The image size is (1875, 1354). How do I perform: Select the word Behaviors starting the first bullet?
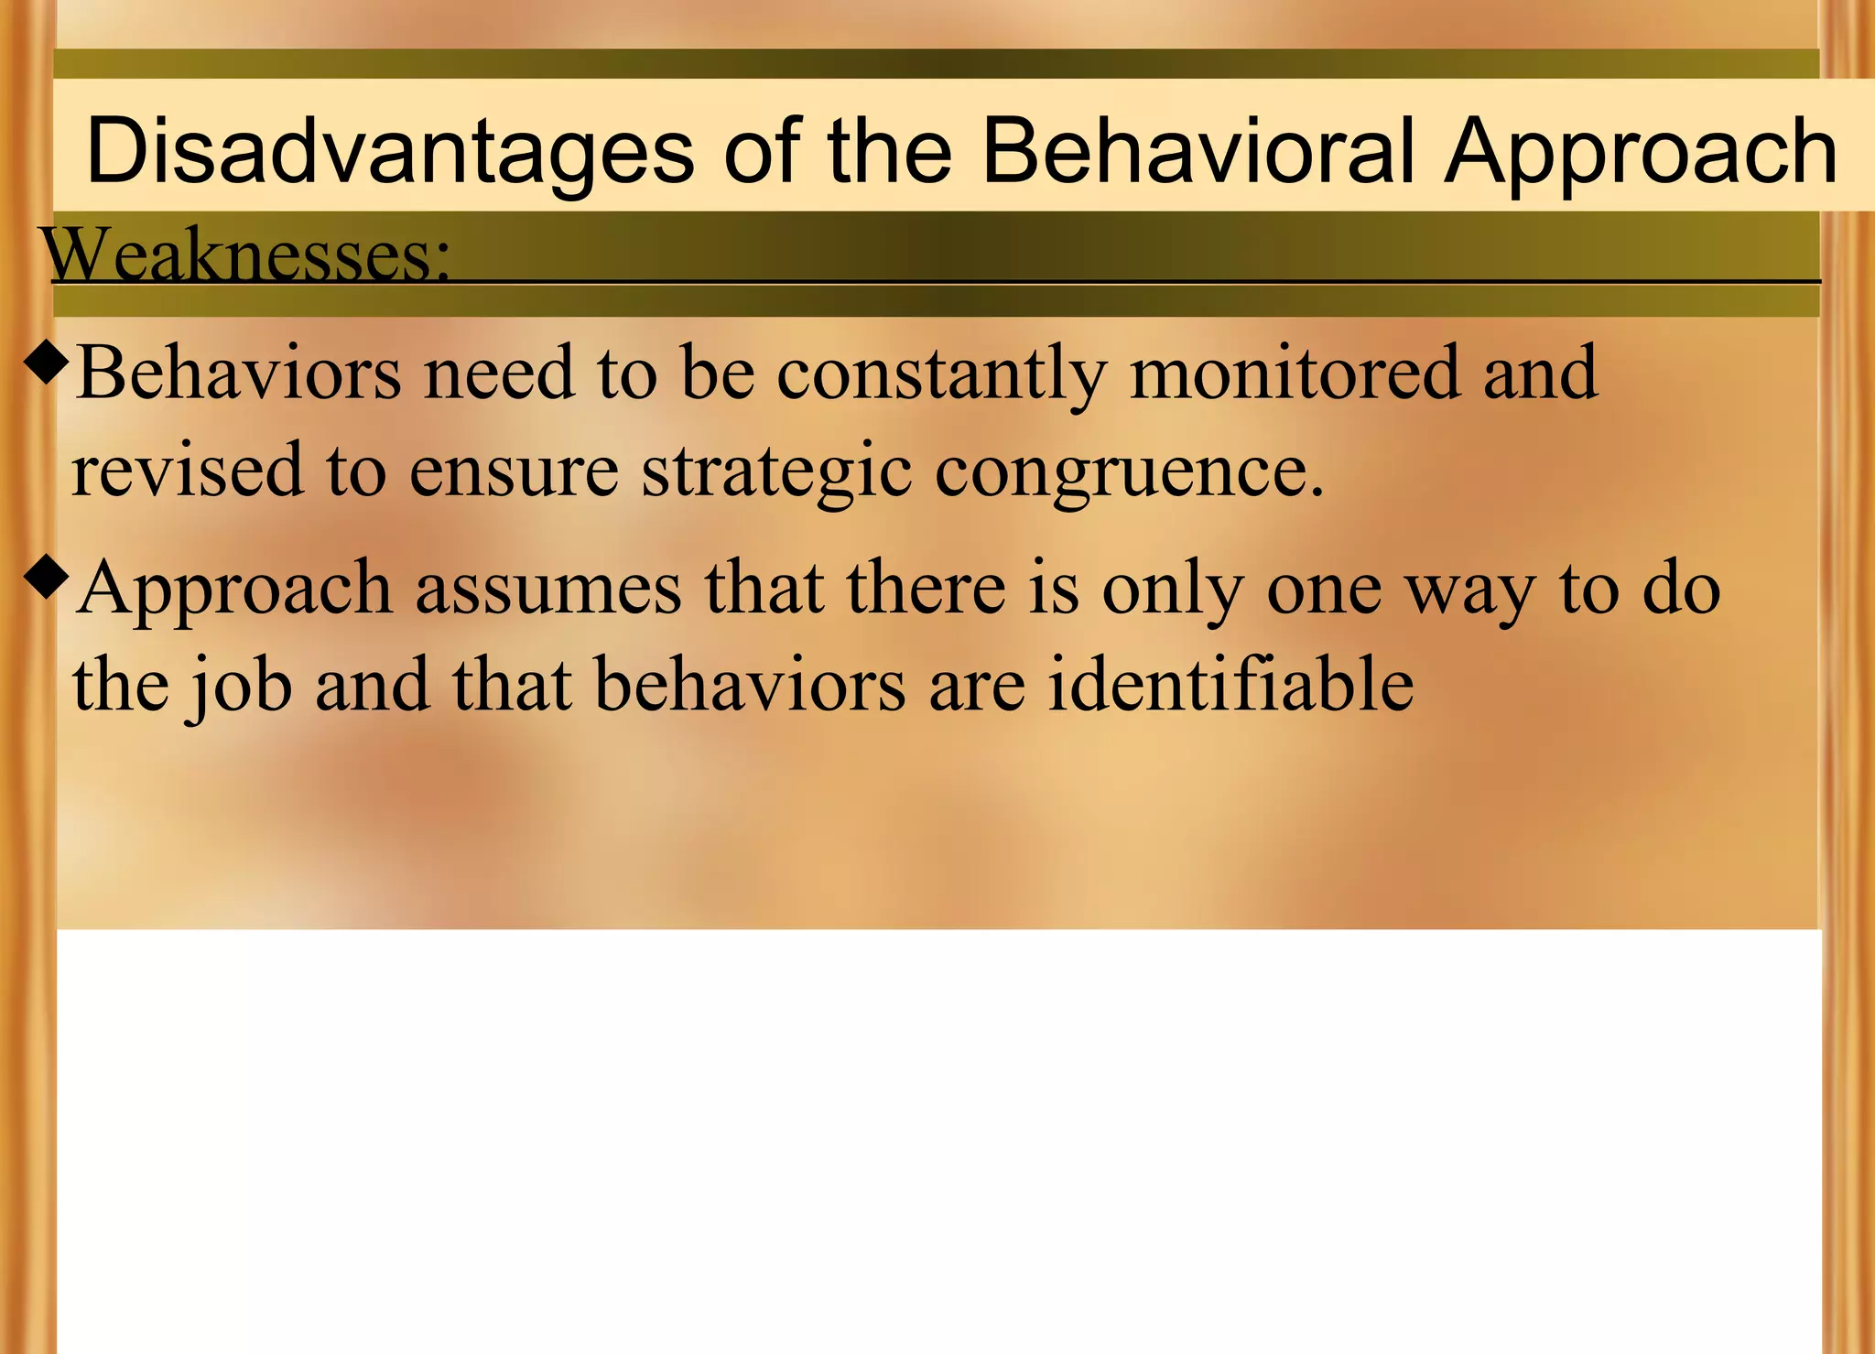coord(239,373)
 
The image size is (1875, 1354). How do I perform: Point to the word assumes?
coord(548,588)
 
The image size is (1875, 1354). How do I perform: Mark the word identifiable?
coord(1230,685)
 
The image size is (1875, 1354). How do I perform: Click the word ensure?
coord(514,470)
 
